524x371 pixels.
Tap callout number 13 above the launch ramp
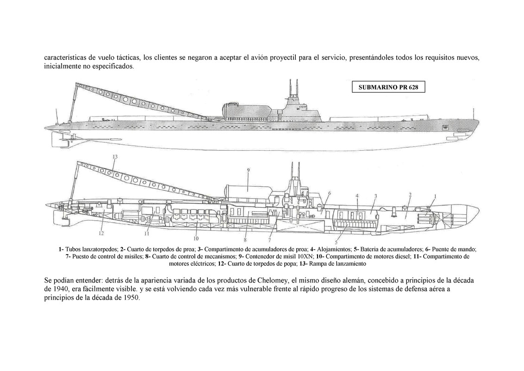114,157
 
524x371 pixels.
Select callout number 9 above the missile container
248,170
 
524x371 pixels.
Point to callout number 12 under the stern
101,233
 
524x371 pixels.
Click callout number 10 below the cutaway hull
196,239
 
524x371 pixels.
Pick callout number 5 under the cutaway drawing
336,242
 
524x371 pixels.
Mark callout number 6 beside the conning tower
329,193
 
